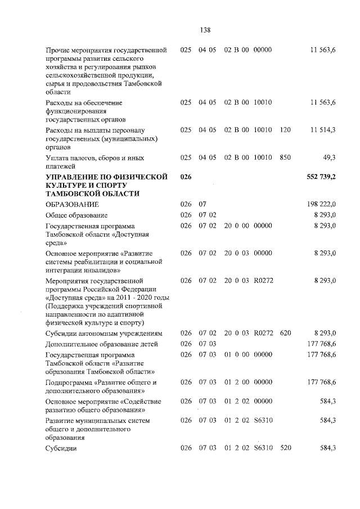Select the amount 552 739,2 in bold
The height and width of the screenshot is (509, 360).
click(321, 177)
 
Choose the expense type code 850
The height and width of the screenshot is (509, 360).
click(285, 157)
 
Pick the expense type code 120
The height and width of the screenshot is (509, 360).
click(285, 130)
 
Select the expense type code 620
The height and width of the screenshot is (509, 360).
click(285, 333)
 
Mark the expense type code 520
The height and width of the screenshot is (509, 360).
click(285, 448)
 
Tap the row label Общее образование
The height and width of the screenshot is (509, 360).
click(76, 215)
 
